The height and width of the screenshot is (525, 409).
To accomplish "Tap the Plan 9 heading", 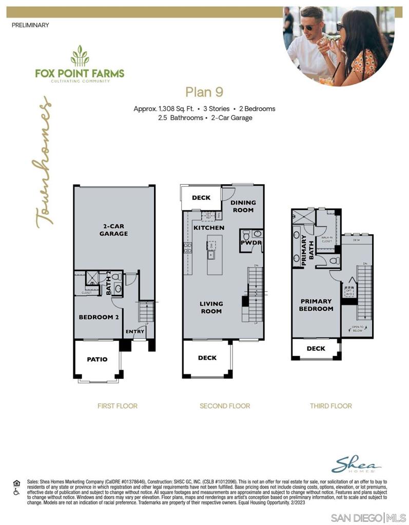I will (204, 92).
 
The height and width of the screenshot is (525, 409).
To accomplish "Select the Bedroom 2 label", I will (99, 317).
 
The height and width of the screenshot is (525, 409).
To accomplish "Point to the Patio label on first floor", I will (97, 359).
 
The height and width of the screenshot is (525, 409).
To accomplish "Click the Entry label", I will (135, 332).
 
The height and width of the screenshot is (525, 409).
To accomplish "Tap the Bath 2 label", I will (109, 283).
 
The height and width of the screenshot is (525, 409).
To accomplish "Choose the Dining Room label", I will (243, 206).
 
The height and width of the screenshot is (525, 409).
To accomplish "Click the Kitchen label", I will (209, 228).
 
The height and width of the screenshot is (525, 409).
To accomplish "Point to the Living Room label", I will (211, 308).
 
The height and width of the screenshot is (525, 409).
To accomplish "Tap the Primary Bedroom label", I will (317, 305).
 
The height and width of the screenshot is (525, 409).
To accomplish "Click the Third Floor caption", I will (330, 406).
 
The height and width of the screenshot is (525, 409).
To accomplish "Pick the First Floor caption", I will (118, 406).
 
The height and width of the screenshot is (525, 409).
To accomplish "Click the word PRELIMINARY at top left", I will (30, 25).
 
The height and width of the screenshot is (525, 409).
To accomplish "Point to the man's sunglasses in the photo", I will (310, 28).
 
